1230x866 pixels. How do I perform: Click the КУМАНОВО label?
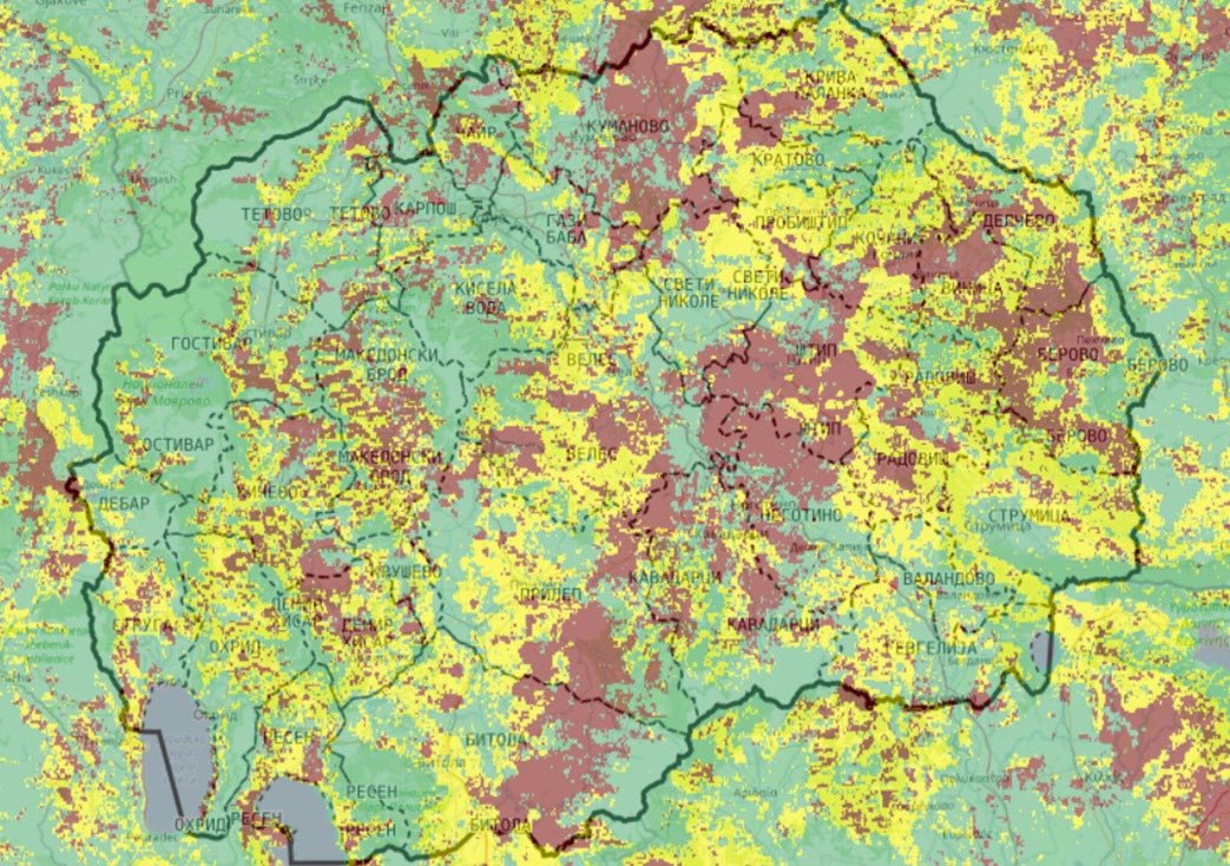tap(628, 127)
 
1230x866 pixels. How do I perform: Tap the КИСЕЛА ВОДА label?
tap(485, 298)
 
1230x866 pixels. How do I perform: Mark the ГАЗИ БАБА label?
tap(565, 229)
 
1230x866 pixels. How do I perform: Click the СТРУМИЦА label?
tap(1029, 516)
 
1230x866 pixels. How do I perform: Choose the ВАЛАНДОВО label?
tap(948, 579)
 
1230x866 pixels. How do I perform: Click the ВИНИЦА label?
tap(971, 288)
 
